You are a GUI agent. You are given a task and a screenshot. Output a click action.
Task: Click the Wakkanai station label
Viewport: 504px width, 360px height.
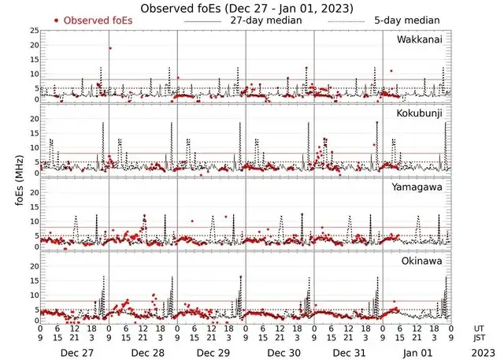424,39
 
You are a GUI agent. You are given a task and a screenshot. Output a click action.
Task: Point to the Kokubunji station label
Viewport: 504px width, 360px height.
421,113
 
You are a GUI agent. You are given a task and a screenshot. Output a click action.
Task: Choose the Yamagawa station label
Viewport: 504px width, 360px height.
421,187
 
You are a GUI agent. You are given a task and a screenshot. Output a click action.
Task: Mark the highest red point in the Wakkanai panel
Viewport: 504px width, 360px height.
110,48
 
